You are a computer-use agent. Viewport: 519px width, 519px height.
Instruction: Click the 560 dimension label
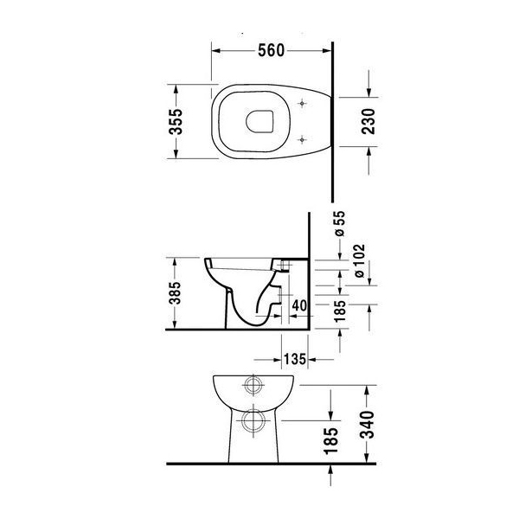(271, 51)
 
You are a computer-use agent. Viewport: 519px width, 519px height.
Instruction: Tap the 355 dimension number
(176, 121)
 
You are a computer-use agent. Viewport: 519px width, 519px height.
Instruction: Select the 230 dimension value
(368, 121)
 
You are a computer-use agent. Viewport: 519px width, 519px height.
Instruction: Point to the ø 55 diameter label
(340, 224)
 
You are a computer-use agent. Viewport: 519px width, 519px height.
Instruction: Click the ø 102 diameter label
(359, 261)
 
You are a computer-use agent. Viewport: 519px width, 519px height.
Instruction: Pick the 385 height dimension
(175, 293)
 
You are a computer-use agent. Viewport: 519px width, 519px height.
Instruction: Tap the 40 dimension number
(299, 305)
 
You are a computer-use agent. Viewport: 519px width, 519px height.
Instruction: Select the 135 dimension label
(295, 359)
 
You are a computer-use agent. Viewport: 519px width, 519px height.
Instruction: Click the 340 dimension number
(367, 425)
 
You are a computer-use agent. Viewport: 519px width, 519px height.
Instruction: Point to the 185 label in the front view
(331, 440)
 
